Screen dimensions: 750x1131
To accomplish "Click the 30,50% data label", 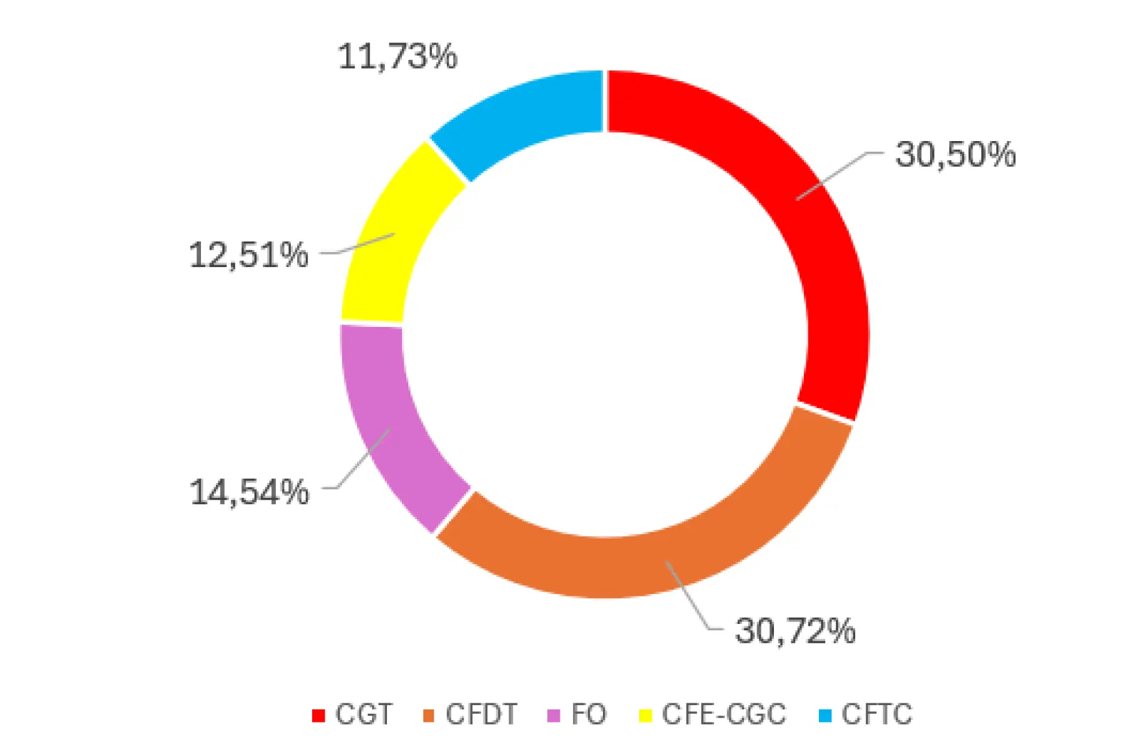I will [955, 154].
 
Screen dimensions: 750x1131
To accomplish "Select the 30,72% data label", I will [795, 631].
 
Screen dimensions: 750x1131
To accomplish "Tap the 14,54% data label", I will [249, 492].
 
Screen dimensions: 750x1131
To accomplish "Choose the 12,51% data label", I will [248, 255].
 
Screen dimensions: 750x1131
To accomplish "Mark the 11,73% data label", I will [398, 57].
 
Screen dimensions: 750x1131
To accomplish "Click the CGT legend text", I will [363, 714].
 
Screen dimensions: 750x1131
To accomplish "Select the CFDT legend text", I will [481, 714].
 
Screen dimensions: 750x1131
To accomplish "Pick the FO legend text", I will [589, 714].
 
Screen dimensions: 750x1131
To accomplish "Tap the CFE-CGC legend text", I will [723, 714].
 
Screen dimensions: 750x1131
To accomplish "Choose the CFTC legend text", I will [876, 714].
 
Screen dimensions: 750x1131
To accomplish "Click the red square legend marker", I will [318, 716].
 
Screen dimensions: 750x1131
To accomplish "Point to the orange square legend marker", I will [429, 716].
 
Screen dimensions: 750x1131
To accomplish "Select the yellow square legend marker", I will [645, 716].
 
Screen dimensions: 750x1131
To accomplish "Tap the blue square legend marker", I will [825, 716].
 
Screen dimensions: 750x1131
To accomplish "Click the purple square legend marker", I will [554, 716].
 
